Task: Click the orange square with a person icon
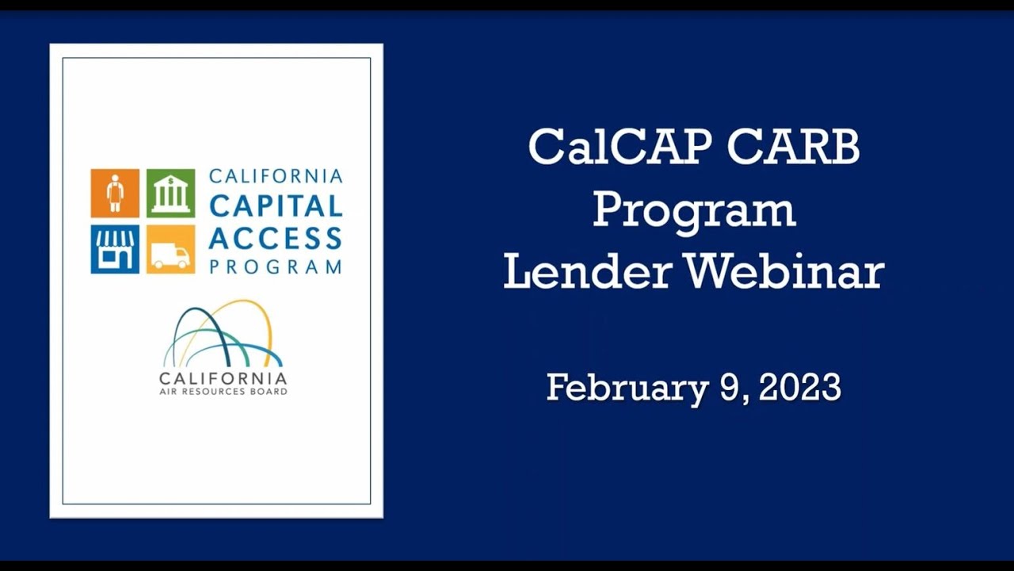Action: click(x=115, y=193)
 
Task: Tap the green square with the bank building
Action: click(x=170, y=193)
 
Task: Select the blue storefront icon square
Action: click(x=115, y=249)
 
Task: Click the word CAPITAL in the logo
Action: click(x=276, y=206)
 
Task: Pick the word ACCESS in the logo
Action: click(x=276, y=237)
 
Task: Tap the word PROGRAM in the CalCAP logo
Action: click(x=276, y=266)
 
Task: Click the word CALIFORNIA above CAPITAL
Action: click(x=276, y=176)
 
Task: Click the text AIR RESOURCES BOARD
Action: click(x=223, y=392)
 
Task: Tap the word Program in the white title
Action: click(x=693, y=209)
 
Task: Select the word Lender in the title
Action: click(x=587, y=271)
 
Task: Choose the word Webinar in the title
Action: click(x=784, y=271)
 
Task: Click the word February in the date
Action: click(x=627, y=388)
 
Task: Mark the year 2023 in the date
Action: click(x=799, y=388)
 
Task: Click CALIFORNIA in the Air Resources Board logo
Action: click(x=223, y=377)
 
